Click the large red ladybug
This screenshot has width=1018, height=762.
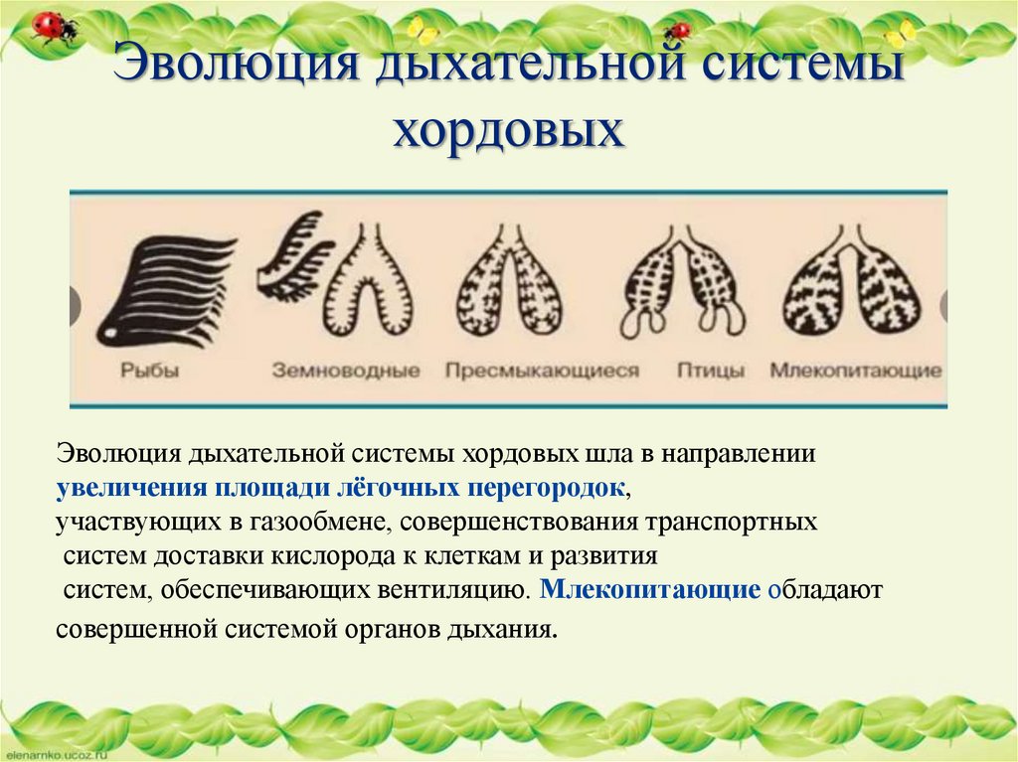54,27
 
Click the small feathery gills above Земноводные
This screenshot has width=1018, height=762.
293,256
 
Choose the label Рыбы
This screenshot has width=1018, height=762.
150,371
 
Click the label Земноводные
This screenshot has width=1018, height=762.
346,371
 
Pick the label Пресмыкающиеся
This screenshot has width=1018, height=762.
542,371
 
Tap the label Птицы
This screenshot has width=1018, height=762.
711,371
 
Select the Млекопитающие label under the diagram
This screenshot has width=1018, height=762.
855,371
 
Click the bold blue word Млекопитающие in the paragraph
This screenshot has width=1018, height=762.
650,588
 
